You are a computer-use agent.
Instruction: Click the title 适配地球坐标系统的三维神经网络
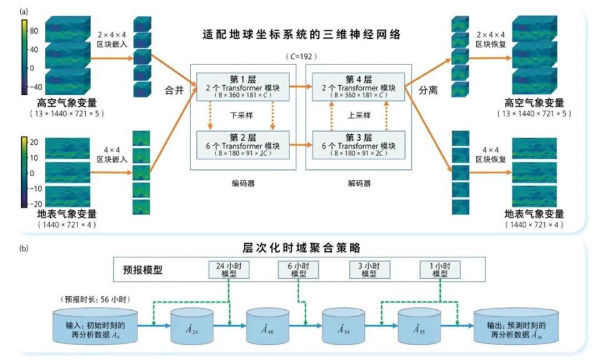pos(301,34)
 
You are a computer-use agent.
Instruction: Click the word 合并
pos(176,91)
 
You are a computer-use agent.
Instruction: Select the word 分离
pos(428,91)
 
